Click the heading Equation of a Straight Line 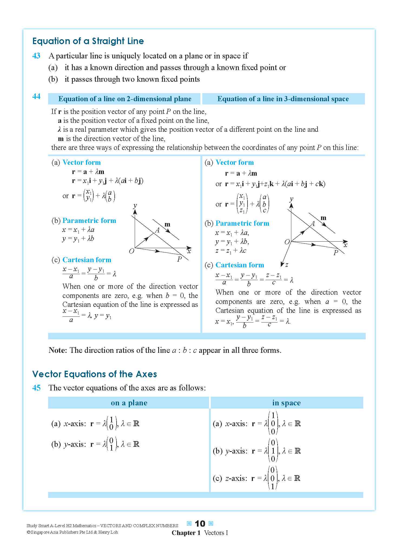88,41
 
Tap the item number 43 36,56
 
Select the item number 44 36,96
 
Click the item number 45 36,388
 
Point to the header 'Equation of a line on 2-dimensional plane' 125,99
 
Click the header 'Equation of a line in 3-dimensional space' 283,99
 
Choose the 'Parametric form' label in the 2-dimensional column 89,221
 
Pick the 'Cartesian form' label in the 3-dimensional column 240,265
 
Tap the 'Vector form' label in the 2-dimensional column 81,162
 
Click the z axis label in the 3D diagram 287,265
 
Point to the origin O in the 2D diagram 131,251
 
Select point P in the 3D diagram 336,253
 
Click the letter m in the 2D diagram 167,224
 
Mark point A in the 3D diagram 313,224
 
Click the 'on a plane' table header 129,403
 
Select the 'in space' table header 286,403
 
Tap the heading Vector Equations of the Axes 94,374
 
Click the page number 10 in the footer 200,524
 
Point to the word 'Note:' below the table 58,350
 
